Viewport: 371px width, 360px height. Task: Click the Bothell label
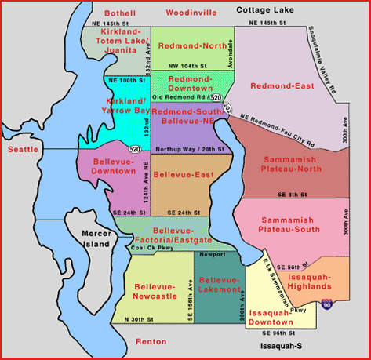(x=119, y=13)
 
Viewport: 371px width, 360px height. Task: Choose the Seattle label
(x=23, y=149)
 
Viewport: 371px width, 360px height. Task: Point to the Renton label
(x=151, y=342)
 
